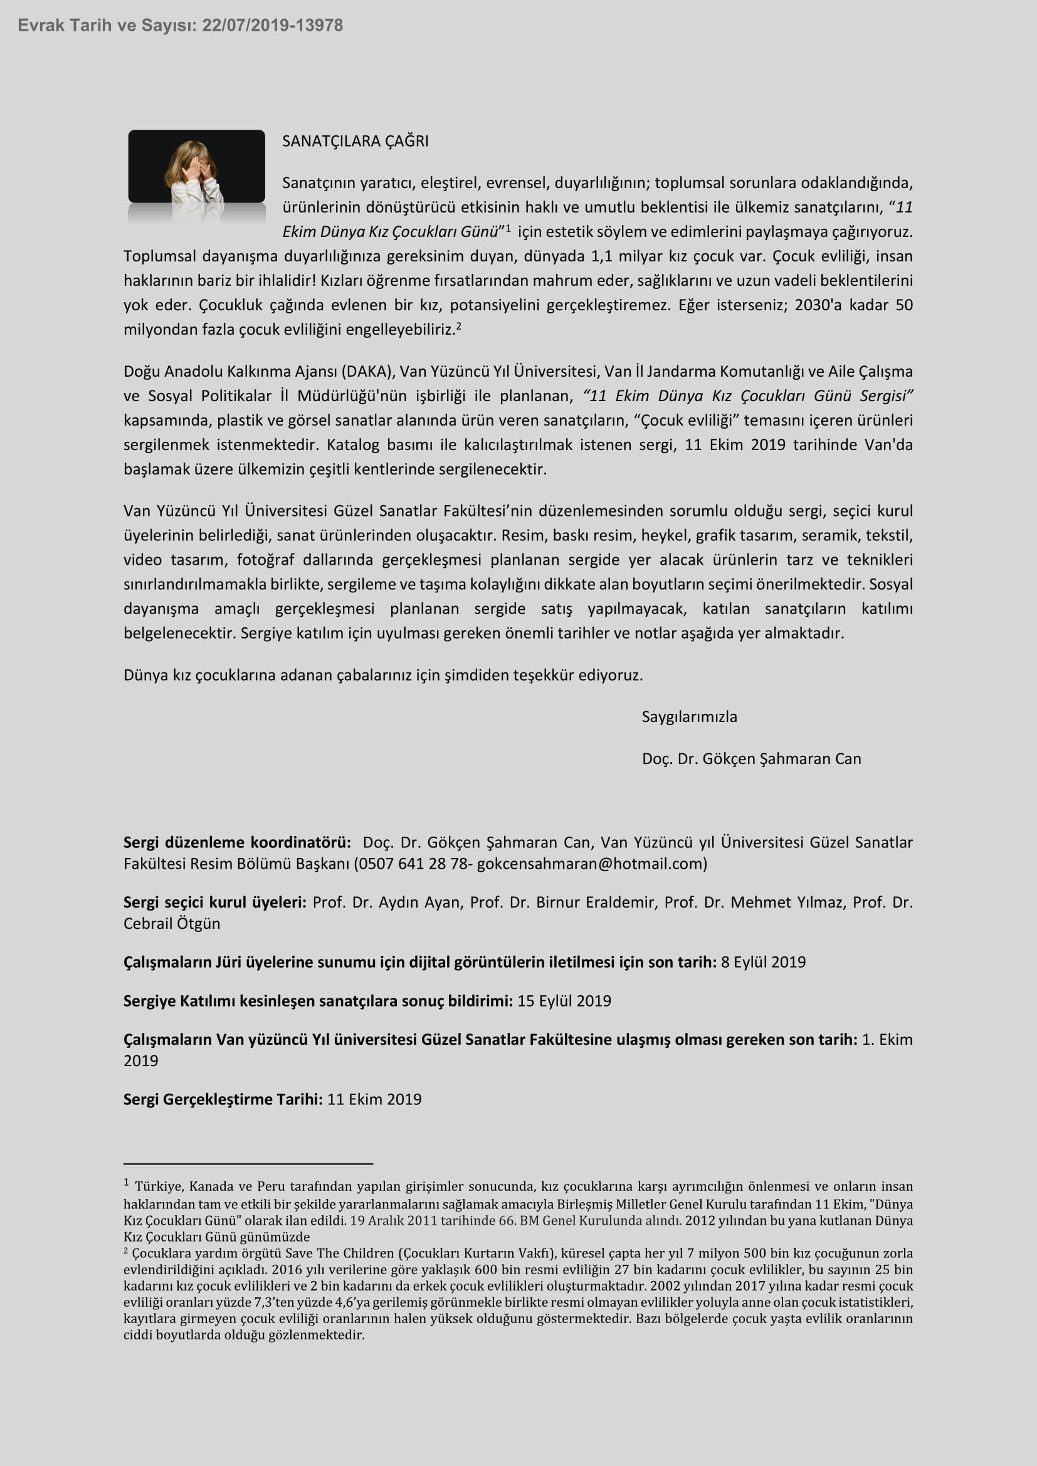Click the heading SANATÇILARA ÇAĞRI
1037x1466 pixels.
pos(355,141)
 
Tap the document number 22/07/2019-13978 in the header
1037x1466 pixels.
pos(273,26)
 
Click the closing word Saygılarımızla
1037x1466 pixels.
pos(689,717)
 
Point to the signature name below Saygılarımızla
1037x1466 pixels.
pos(751,758)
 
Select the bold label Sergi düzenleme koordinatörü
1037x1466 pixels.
pos(237,843)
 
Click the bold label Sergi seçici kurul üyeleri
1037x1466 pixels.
pos(214,902)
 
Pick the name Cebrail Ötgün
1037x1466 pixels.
pos(172,924)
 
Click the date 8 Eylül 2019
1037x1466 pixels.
pos(763,962)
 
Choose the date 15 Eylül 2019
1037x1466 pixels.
pos(564,1000)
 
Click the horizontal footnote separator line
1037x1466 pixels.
pos(248,1164)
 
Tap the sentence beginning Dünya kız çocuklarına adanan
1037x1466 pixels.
pos(383,676)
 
